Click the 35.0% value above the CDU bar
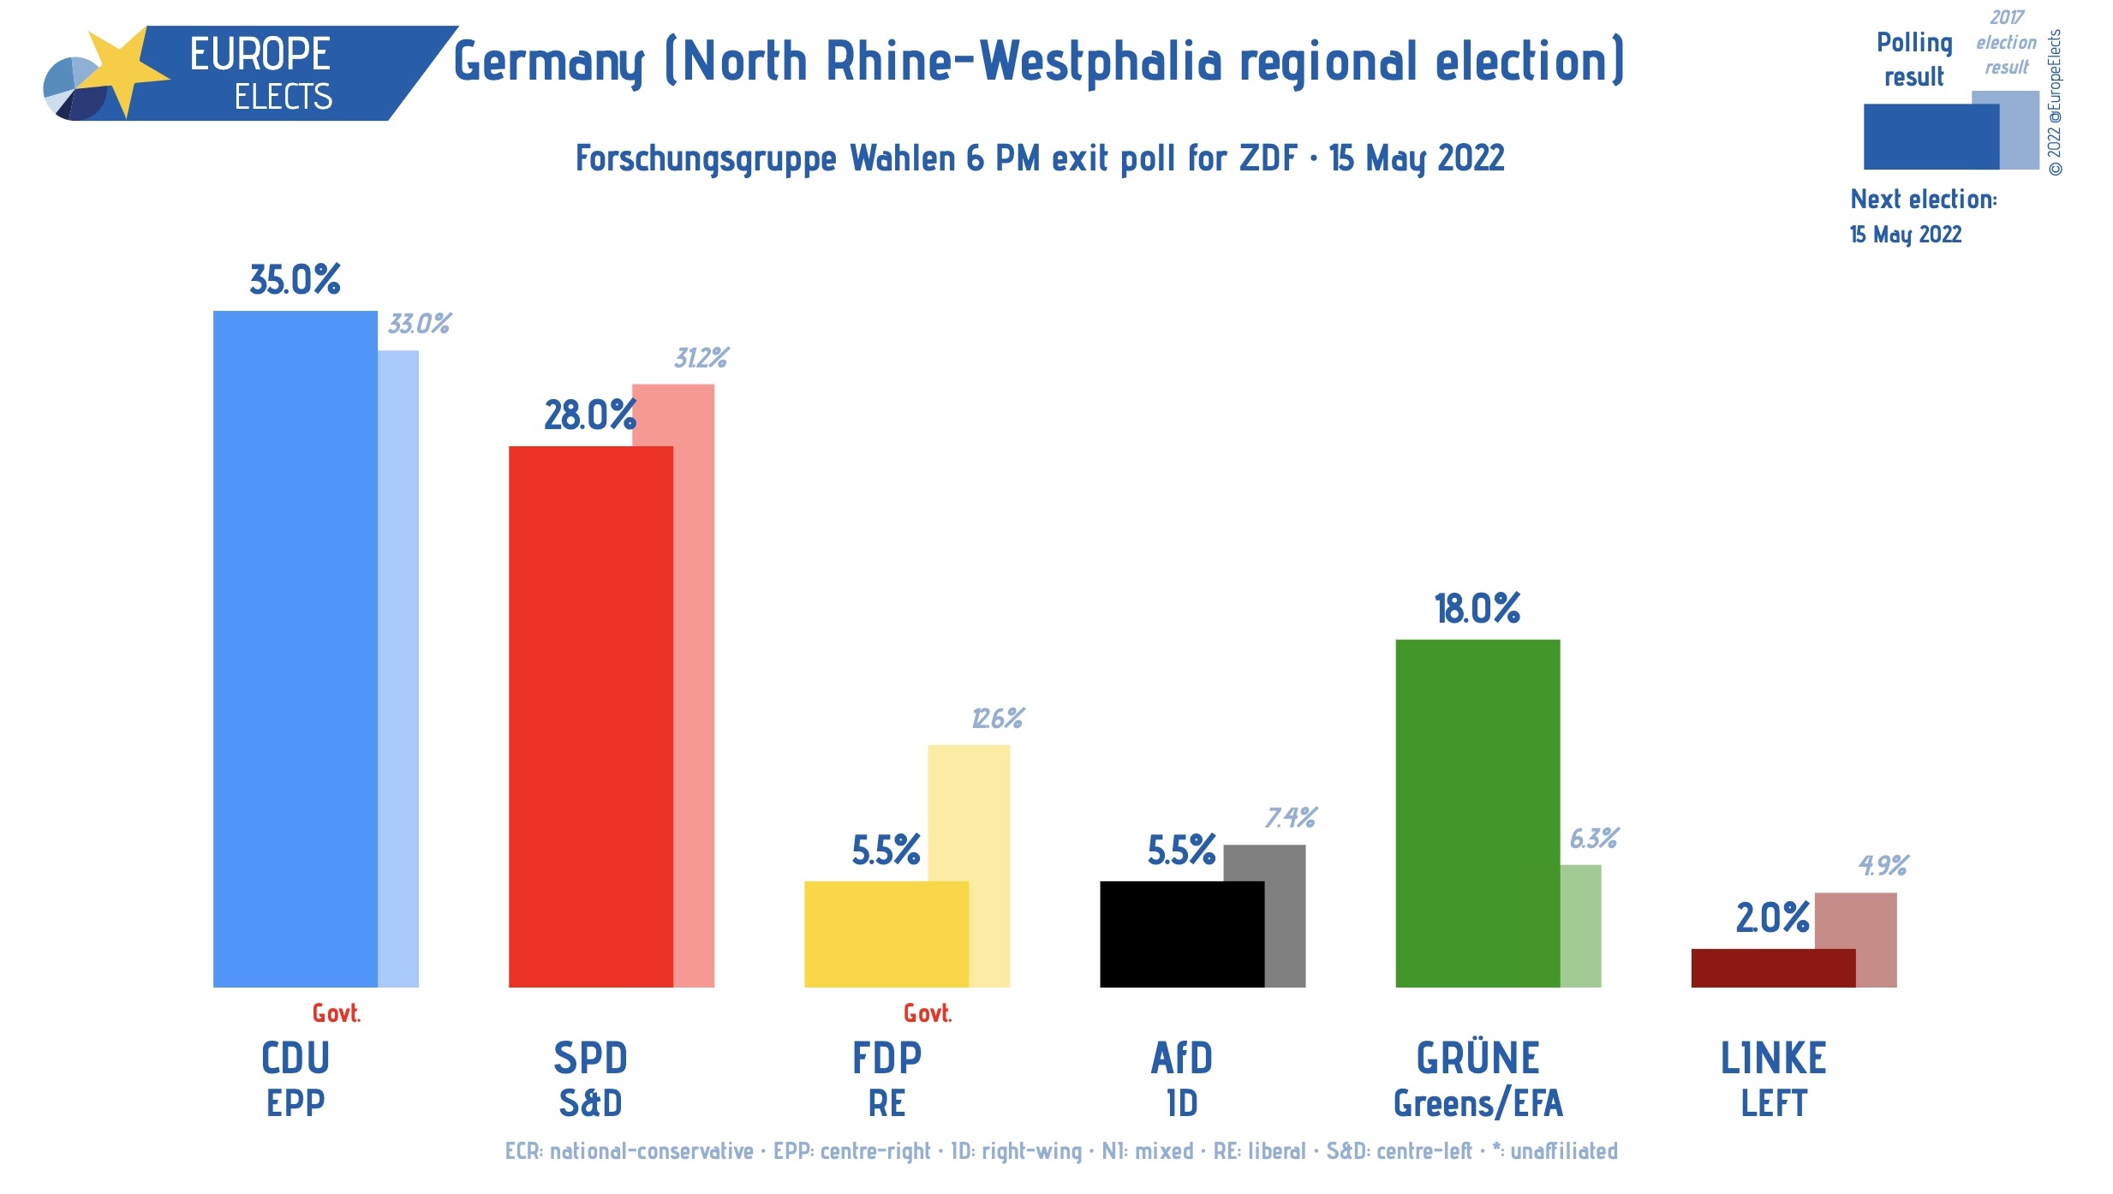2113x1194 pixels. point(295,280)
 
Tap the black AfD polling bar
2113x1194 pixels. point(1182,934)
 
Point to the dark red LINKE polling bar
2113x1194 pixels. point(1773,968)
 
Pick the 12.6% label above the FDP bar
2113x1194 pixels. point(998,719)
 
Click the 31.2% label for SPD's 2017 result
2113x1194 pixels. point(701,358)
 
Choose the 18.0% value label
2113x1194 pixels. point(1477,609)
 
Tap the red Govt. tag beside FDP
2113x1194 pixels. point(928,1014)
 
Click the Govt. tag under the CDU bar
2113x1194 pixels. point(336,1014)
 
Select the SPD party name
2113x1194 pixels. point(590,1059)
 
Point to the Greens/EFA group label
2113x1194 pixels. point(1478,1103)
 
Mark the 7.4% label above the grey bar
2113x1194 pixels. point(1291,818)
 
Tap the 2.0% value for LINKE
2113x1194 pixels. point(1772,918)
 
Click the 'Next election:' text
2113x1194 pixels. point(1923,200)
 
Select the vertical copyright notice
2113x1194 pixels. point(2055,103)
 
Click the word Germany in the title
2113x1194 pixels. point(548,63)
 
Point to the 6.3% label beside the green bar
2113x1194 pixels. point(1594,839)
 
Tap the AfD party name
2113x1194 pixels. point(1182,1059)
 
